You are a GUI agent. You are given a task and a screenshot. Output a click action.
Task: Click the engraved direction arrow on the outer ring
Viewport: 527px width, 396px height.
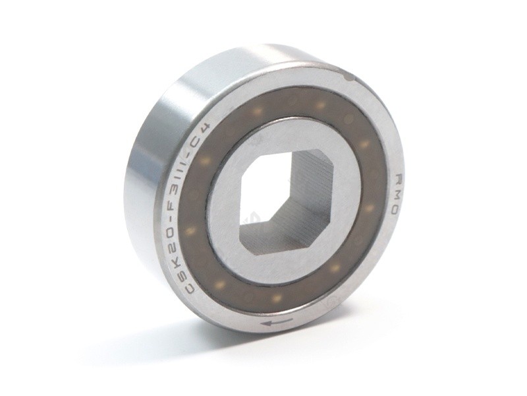(277, 323)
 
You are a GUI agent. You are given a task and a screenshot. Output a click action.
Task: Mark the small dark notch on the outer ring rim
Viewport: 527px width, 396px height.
(348, 77)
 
